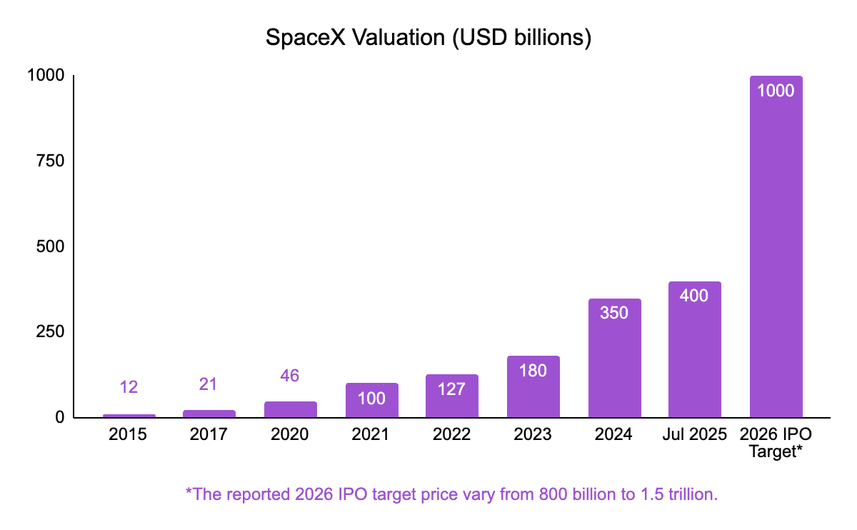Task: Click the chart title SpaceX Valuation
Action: pos(428,37)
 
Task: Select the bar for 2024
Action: pos(614,357)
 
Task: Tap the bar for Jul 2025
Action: pos(694,350)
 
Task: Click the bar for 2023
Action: pos(533,386)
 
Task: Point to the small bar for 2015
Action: pos(129,415)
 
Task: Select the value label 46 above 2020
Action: pos(290,375)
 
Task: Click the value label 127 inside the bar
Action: pos(452,389)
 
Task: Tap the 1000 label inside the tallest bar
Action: pos(776,91)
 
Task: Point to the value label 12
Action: pos(129,387)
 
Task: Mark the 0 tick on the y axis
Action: pos(60,417)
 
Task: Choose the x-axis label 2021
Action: pos(371,434)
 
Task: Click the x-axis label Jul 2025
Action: pos(694,434)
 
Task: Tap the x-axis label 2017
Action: pos(209,434)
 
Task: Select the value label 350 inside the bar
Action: pos(614,313)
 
